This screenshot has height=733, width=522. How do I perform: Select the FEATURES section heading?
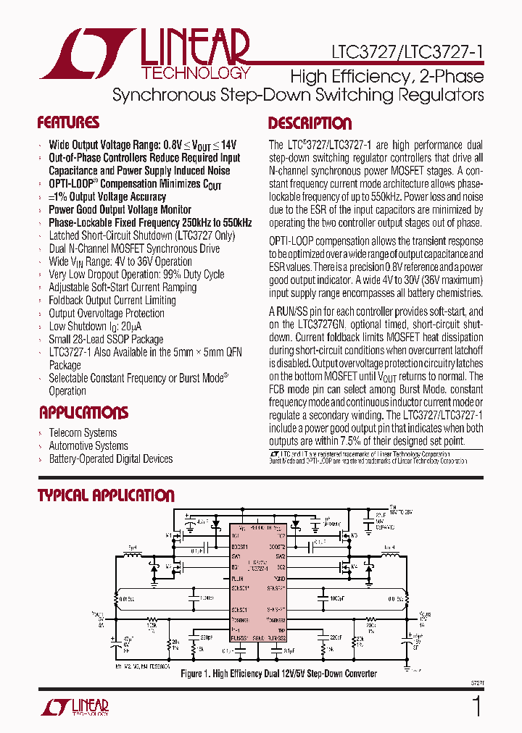(68, 122)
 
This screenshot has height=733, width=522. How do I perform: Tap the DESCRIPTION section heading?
(310, 123)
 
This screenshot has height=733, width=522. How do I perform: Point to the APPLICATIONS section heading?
(83, 413)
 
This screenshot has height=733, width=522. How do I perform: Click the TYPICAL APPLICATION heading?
(106, 495)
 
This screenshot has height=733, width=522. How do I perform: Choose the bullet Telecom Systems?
(83, 433)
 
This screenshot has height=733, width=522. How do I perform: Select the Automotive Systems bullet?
(88, 446)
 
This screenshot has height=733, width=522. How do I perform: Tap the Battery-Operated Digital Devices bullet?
(110, 459)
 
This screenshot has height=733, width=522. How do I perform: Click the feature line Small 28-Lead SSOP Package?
(106, 339)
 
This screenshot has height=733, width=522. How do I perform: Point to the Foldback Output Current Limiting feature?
(112, 300)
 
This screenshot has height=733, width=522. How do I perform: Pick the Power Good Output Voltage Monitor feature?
(120, 209)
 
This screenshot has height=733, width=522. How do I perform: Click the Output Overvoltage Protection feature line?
(107, 313)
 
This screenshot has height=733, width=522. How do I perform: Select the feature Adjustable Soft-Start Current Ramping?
(123, 287)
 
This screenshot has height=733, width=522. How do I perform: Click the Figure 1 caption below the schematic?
(278, 674)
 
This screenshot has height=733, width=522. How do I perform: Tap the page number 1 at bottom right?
(476, 705)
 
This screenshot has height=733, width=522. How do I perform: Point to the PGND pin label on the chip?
(280, 579)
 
